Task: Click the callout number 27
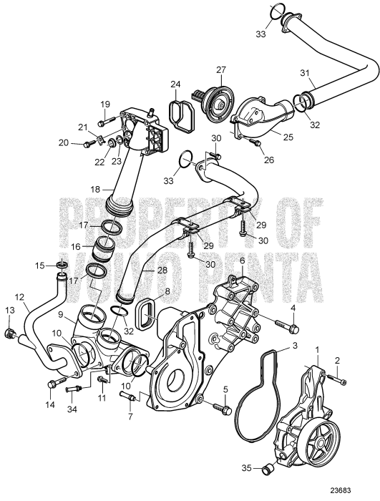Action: click(x=220, y=69)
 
